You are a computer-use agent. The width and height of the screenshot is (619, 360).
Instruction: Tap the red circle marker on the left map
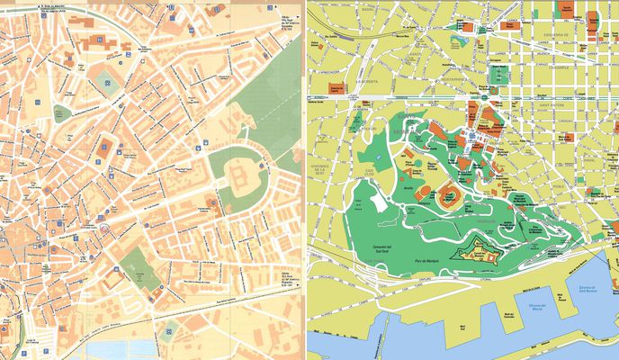(x=105, y=229)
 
